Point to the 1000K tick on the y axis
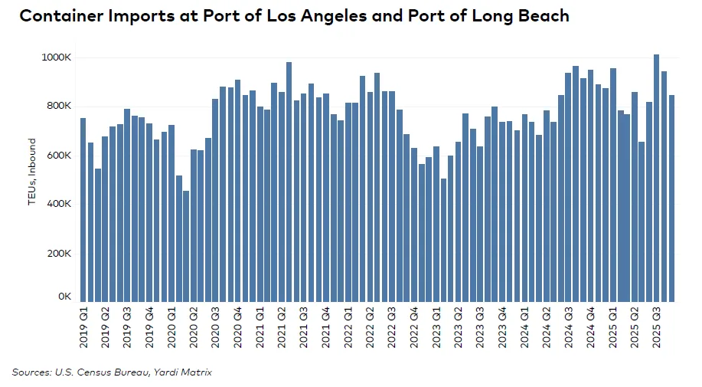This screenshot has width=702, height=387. tap(57, 57)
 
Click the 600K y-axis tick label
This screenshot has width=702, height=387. tap(59, 156)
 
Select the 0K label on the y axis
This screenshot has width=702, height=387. tap(64, 297)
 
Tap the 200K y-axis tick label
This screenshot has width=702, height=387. tap(59, 254)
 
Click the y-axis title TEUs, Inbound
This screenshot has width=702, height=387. tap(32, 172)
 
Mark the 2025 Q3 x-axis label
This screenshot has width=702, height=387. tap(657, 326)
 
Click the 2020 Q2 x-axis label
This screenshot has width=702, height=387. tap(194, 326)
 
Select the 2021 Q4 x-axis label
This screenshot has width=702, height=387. tap(326, 326)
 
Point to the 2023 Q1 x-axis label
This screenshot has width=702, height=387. tap(436, 326)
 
